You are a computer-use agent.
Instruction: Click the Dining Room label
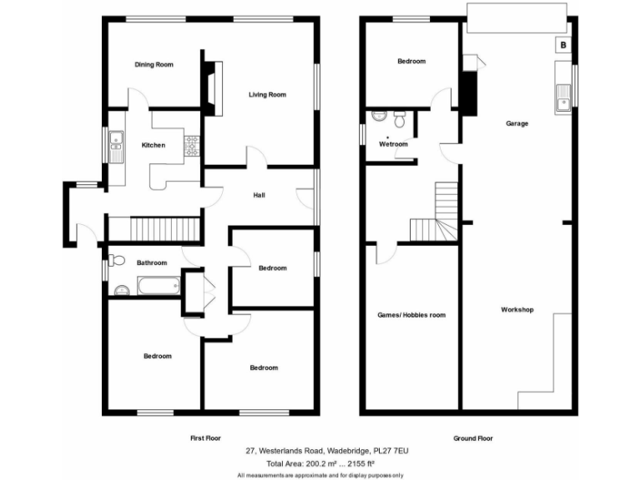[154, 64]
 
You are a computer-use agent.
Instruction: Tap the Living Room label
[267, 95]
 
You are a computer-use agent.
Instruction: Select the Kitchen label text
[153, 146]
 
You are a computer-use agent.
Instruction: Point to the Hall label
[260, 196]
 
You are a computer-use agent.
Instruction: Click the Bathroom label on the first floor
[151, 263]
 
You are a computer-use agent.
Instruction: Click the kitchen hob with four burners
[191, 146]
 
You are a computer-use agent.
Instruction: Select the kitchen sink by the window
[115, 147]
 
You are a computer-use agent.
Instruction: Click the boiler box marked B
[563, 45]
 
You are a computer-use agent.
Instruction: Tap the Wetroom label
[393, 144]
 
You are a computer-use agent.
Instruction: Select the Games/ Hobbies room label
[411, 315]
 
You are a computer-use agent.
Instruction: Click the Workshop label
[517, 310]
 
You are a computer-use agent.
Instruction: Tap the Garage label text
[517, 123]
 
